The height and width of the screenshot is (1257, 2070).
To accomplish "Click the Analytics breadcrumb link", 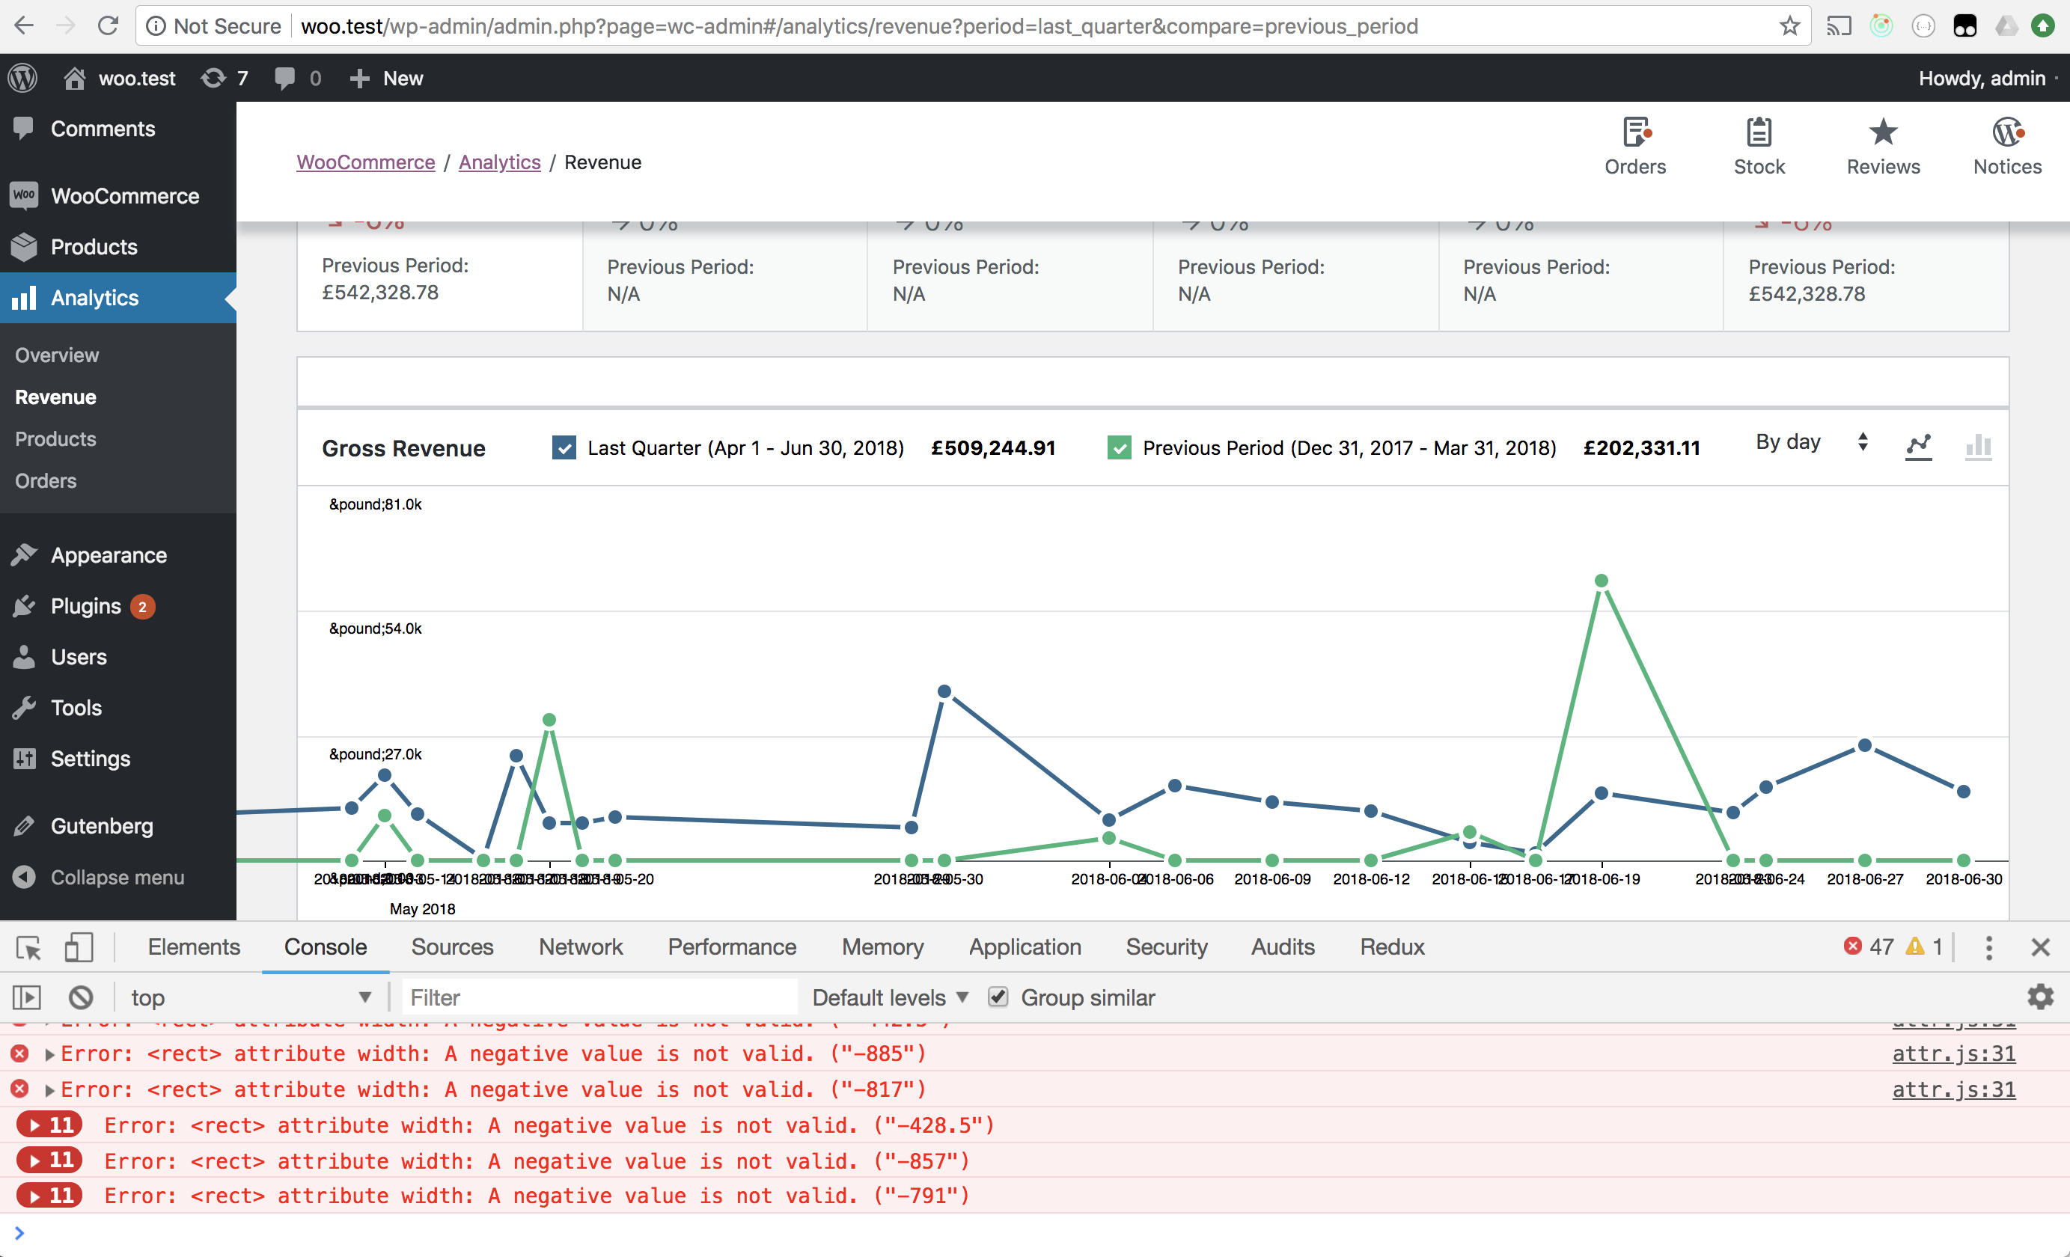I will (499, 162).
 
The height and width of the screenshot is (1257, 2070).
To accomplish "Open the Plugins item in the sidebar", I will (86, 606).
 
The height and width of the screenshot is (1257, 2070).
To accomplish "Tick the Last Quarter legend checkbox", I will (564, 447).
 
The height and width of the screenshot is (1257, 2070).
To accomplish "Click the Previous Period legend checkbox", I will (1118, 447).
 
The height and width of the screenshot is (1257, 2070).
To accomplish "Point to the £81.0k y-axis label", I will (375, 504).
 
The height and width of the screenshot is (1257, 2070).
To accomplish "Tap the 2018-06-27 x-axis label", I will (1864, 879).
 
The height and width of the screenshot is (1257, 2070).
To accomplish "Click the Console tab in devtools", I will (325, 947).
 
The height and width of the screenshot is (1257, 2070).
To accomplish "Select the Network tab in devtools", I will (581, 947).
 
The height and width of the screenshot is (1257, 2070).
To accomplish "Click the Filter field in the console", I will (598, 997).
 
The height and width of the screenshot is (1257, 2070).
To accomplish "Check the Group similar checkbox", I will (998, 997).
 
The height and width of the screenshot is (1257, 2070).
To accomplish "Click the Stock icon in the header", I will (1759, 132).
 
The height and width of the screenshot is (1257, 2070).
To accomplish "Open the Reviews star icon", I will (1883, 132).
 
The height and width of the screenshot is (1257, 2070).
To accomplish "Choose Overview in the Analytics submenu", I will (57, 355).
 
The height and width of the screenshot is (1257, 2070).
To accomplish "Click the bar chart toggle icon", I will (1979, 446).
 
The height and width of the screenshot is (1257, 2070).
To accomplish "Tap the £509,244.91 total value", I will (993, 448).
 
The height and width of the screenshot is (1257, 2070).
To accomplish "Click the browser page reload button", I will (109, 26).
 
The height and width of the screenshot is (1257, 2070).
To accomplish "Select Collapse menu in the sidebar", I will (117, 878).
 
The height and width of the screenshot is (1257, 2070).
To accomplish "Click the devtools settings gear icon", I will (2040, 997).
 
